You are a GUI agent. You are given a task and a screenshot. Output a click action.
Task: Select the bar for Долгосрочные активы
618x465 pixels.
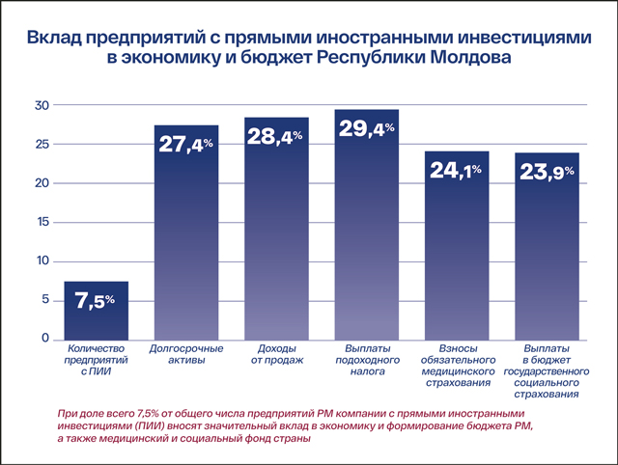pos(187,241)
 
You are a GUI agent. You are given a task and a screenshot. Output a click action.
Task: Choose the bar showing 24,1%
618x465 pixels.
pos(457,251)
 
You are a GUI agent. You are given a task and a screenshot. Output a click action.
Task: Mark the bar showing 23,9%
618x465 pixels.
pos(548,251)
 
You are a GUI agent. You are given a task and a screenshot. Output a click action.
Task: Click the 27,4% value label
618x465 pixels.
pos(187,146)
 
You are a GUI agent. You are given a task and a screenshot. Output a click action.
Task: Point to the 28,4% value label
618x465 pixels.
pos(276,138)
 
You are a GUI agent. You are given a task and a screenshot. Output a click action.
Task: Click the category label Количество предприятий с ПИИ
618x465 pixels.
pos(97,359)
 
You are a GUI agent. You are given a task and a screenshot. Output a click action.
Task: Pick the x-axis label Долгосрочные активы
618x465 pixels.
pos(187,353)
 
